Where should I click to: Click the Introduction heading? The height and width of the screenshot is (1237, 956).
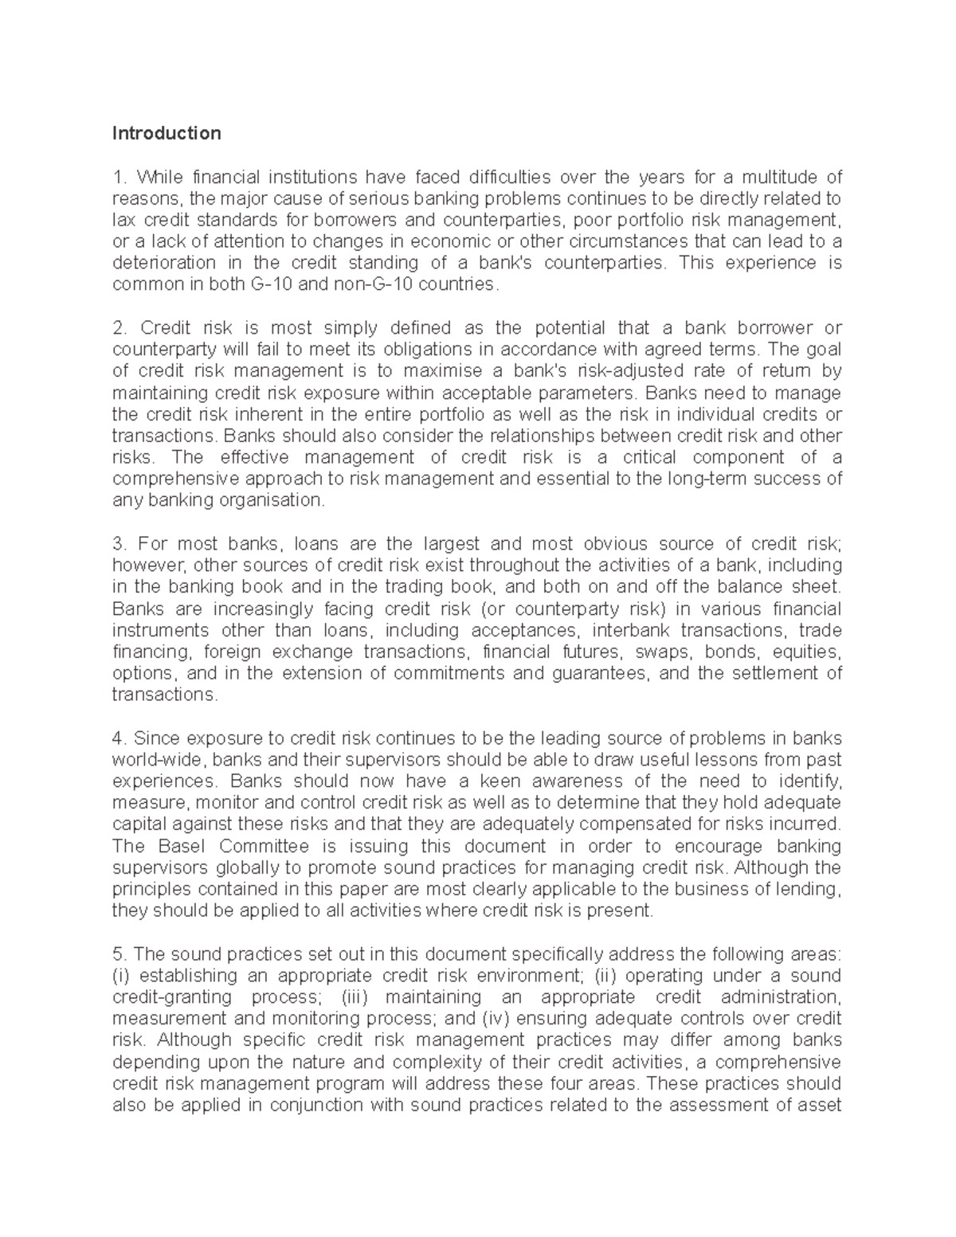(x=166, y=133)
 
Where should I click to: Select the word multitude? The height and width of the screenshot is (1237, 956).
(x=772, y=177)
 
